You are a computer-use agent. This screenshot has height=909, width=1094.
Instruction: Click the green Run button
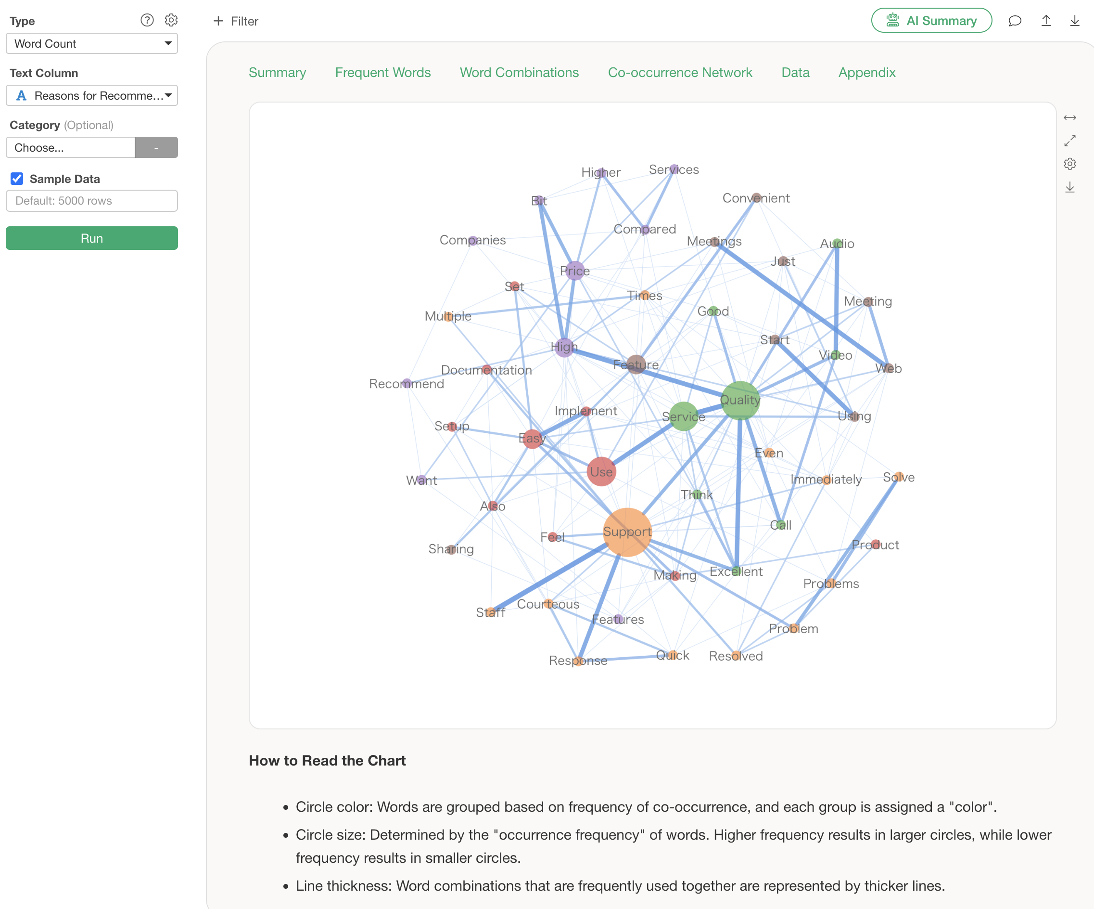coord(92,238)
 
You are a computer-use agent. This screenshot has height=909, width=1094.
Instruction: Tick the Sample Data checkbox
coord(17,179)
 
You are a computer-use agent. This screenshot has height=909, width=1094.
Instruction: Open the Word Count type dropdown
coord(92,44)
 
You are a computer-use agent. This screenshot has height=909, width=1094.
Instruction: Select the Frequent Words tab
coord(382,72)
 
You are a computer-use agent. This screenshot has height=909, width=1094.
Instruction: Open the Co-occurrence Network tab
coord(680,72)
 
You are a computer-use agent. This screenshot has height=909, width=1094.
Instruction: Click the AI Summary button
coord(931,21)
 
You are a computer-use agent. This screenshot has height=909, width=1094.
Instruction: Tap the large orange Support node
coord(627,532)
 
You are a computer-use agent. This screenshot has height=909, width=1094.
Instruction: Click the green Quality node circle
coord(740,400)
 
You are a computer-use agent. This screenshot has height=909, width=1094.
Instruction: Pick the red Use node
coord(601,472)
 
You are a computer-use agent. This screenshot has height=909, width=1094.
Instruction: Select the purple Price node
coord(574,271)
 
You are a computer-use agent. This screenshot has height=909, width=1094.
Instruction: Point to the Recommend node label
coord(407,384)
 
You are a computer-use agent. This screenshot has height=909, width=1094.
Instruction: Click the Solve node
coord(899,477)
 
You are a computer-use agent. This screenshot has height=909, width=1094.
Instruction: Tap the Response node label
coord(578,661)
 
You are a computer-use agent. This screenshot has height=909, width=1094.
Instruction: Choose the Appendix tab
coord(867,72)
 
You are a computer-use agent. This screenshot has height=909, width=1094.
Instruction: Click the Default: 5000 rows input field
coord(92,201)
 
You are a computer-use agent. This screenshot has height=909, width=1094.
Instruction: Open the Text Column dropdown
coord(92,96)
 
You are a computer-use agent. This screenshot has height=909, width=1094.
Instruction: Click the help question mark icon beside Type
coord(147,20)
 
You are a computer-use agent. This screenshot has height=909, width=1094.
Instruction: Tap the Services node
coord(674,169)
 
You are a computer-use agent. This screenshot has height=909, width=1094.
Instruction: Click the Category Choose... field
coord(70,147)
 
